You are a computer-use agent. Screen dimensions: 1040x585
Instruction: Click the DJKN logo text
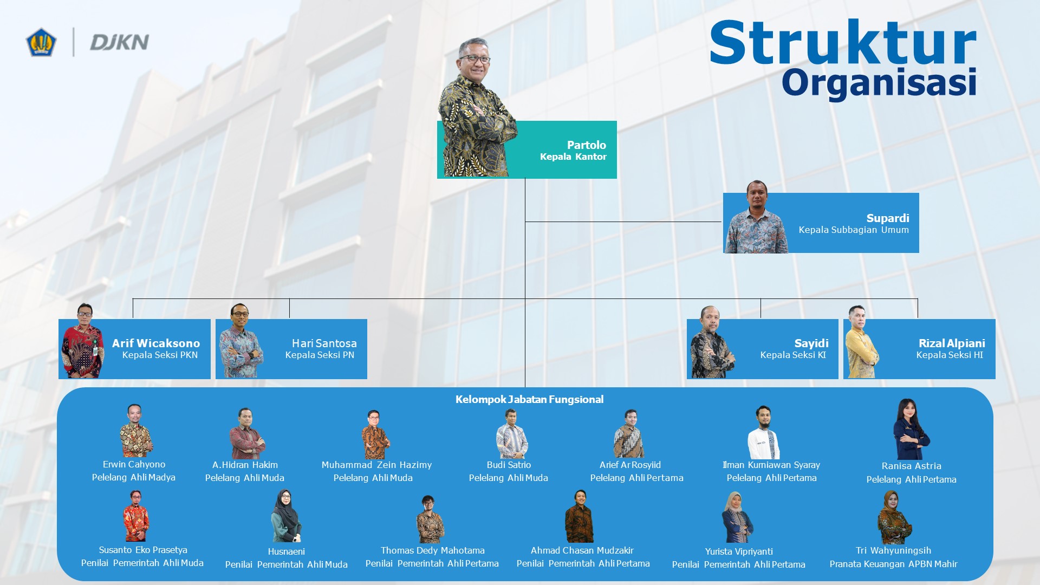point(119,42)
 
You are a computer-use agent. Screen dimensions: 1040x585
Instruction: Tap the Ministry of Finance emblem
point(41,42)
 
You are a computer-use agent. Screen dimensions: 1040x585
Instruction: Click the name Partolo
point(587,145)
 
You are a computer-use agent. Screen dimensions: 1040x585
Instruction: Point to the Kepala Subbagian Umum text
point(854,230)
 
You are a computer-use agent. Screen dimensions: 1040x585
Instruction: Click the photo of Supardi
point(756,217)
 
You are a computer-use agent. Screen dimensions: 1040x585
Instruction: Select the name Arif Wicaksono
point(156,343)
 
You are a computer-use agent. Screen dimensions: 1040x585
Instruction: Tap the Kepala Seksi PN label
point(320,355)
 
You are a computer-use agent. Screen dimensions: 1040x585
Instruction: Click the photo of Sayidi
point(712,342)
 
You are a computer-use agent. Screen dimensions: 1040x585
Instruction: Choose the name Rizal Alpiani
point(952,343)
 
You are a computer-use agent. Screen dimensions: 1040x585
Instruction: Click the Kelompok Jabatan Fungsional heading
point(529,400)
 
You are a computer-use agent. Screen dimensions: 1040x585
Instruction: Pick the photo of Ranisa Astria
point(911,429)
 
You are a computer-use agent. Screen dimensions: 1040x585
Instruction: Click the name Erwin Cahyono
point(134,464)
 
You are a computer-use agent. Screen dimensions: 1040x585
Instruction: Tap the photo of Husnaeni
point(285,516)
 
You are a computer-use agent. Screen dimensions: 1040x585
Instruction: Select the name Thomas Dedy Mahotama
point(432,550)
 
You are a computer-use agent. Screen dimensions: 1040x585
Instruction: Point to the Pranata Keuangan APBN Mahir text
point(893,564)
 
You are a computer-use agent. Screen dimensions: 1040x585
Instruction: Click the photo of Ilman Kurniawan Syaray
point(764,432)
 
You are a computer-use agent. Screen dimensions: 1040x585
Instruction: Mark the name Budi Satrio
point(509,465)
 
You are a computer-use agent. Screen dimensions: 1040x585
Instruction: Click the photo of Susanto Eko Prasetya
point(135,516)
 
